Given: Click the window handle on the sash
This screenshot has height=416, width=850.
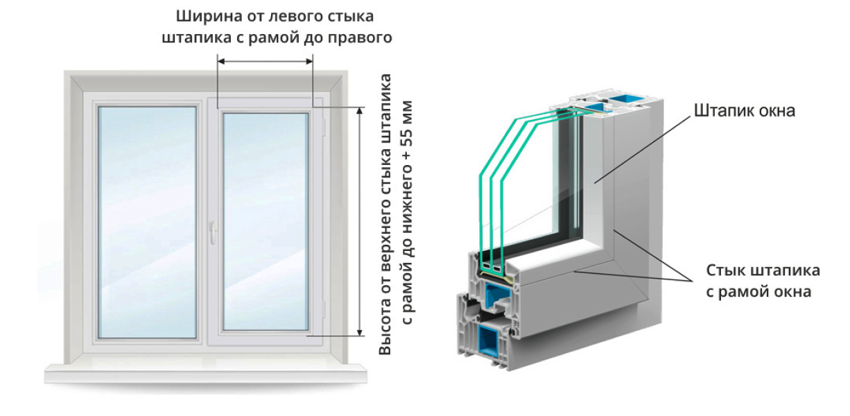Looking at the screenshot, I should tap(215, 229).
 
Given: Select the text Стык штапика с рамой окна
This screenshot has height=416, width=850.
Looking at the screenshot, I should tap(758, 281).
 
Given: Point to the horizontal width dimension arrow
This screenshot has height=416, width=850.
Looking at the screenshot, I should tap(266, 62).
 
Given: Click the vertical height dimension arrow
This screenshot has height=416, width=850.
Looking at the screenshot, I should tap(359, 222).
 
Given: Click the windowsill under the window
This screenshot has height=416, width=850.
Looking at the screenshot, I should tap(205, 373).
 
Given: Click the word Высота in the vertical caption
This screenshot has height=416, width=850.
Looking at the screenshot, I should tap(385, 330).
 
